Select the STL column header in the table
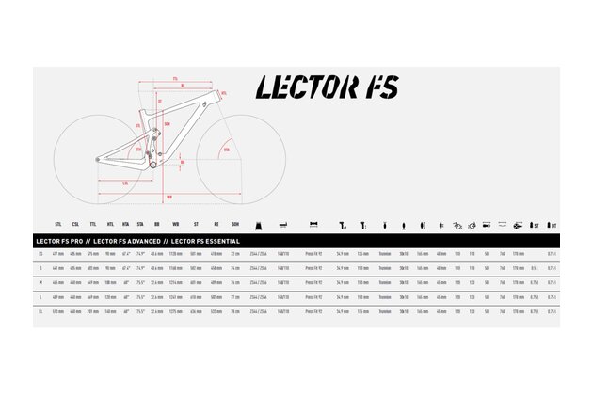pyautogui.click(x=58, y=226)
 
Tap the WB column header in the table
pyautogui.click(x=174, y=226)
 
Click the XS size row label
pyautogui.click(x=38, y=254)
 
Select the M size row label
pyautogui.click(x=38, y=281)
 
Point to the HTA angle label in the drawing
pyautogui.click(x=225, y=149)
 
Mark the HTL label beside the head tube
pyautogui.click(x=223, y=93)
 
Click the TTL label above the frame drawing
pyautogui.click(x=175, y=77)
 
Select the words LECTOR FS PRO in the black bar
pyautogui.click(x=58, y=241)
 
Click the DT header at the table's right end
pyautogui.click(x=553, y=226)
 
